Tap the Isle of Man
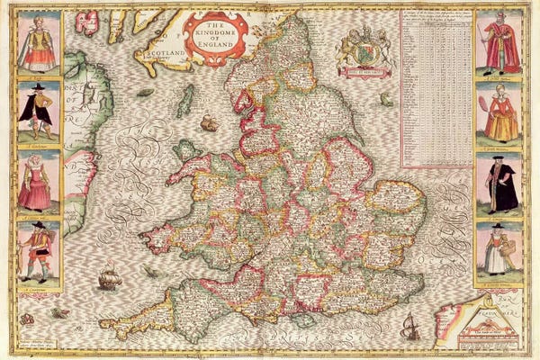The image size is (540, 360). (x=184, y=101)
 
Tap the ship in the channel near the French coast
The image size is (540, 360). (x=409, y=326)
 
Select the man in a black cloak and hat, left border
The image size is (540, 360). (x=39, y=112)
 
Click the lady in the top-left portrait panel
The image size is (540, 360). (x=39, y=42)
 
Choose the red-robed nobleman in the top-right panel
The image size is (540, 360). (x=499, y=42)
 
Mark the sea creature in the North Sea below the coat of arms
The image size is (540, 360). (x=387, y=99)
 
